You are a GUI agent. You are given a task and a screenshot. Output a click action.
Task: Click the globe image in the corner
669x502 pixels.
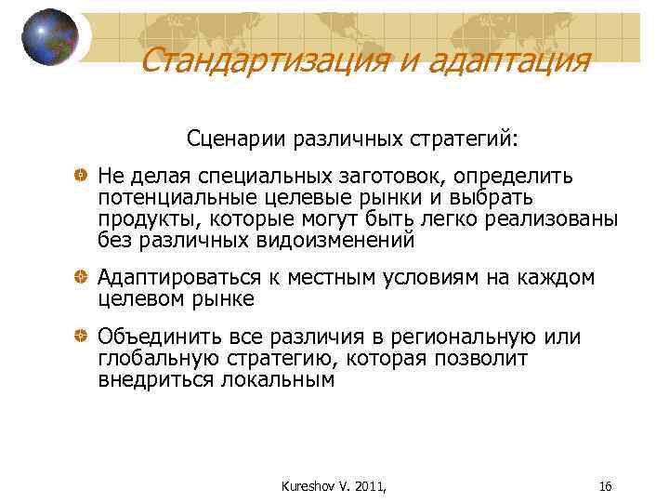point(50,37)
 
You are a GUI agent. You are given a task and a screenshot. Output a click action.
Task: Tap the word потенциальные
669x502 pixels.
point(171,198)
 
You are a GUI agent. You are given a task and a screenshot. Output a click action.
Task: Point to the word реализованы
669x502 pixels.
point(551,219)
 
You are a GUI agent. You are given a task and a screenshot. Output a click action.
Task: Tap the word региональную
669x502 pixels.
point(466,337)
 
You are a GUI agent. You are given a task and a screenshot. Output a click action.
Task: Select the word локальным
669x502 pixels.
point(280,380)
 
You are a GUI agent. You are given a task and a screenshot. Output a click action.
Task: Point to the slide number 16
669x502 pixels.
point(605,485)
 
